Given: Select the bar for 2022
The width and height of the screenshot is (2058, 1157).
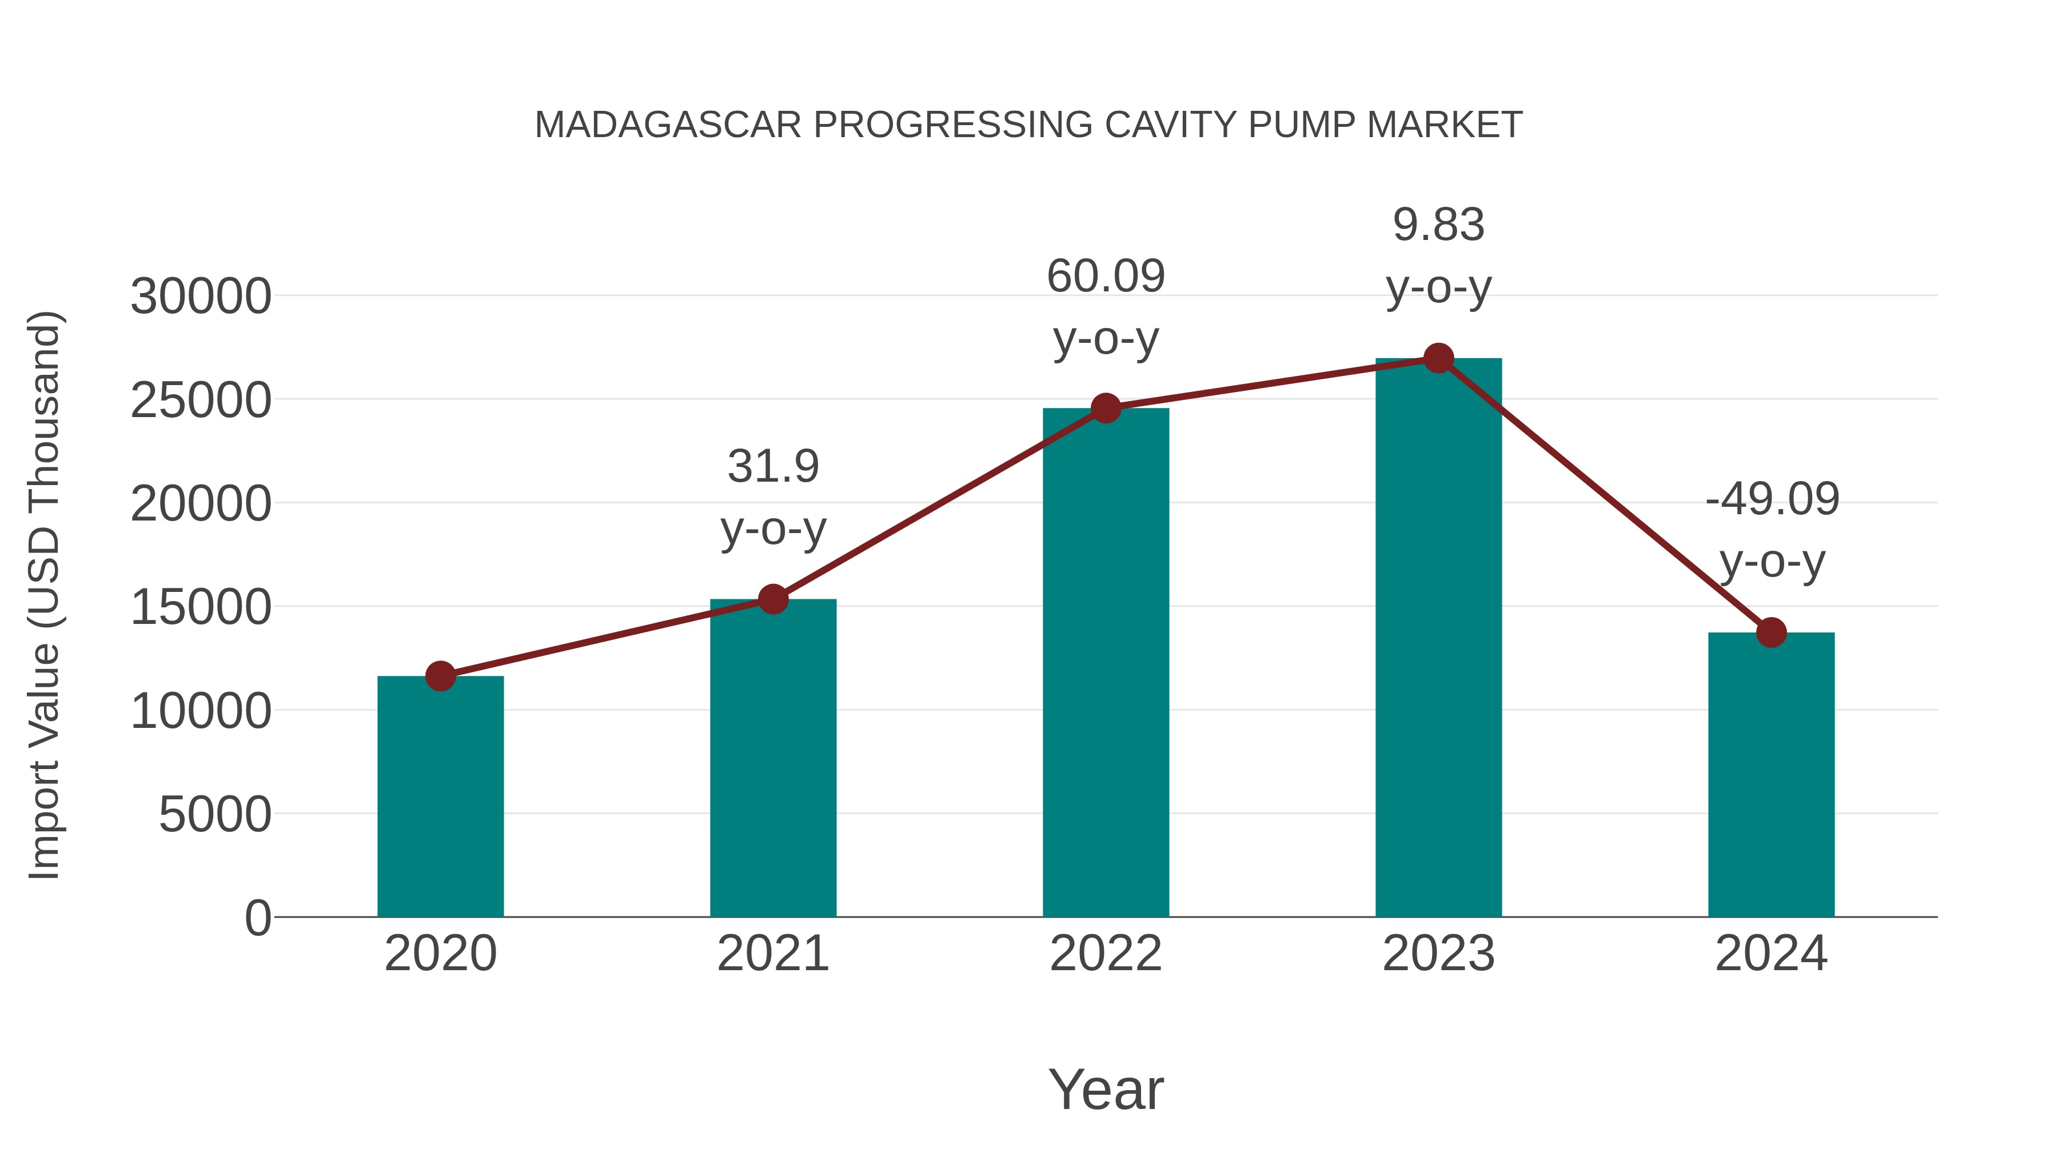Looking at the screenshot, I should [1106, 663].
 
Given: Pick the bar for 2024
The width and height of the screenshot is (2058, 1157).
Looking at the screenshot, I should [1771, 775].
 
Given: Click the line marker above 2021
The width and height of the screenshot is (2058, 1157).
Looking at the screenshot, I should [772, 599].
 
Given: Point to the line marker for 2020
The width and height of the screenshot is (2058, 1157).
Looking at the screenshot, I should [440, 676].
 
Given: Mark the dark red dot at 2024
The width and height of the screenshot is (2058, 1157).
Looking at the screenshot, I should [1771, 632].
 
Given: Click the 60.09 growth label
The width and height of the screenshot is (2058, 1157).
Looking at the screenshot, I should [1106, 277].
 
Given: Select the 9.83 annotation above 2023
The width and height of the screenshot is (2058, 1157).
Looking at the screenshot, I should [1438, 225].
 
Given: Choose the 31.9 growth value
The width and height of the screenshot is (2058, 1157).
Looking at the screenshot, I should [772, 466].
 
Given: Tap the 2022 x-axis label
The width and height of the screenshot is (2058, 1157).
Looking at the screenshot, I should [1106, 954].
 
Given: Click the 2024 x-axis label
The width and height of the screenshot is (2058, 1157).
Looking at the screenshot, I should [1771, 954].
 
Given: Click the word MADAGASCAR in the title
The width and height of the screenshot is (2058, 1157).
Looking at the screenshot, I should [668, 125].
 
